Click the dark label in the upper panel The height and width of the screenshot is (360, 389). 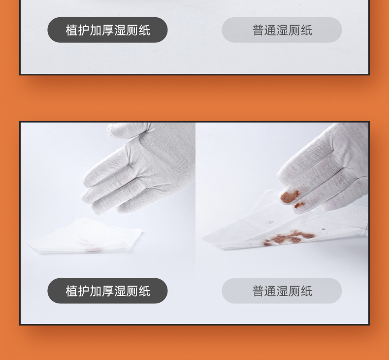coord(107,30)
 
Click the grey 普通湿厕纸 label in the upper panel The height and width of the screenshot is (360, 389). coord(282,30)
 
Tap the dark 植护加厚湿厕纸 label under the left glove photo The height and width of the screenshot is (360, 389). coord(107,291)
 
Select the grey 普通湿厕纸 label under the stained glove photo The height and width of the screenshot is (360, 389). coord(282,291)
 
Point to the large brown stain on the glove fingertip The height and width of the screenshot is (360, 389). coord(289,196)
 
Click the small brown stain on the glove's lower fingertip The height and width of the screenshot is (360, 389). coord(299,205)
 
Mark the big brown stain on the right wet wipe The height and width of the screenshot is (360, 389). coord(289,238)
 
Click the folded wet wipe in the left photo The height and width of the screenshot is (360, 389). coord(84,236)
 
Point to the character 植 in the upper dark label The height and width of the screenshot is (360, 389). coord(71,30)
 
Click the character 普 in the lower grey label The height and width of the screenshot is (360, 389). coord(258,291)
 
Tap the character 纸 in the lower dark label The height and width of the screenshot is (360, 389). coord(144,291)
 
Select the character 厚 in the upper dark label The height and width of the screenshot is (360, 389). coord(107,30)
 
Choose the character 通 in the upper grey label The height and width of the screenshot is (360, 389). coord(270,30)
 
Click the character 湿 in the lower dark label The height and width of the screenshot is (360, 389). coord(120,291)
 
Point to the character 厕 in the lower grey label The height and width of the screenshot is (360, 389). coord(294,291)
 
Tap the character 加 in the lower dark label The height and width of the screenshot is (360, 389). coord(96,291)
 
